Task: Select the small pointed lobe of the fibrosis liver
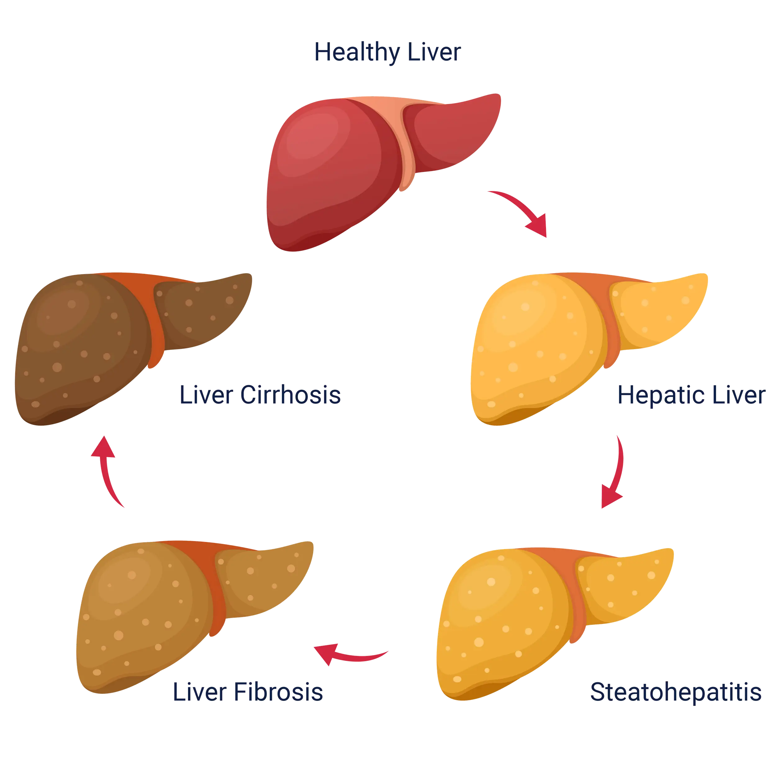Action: pos(261,574)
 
